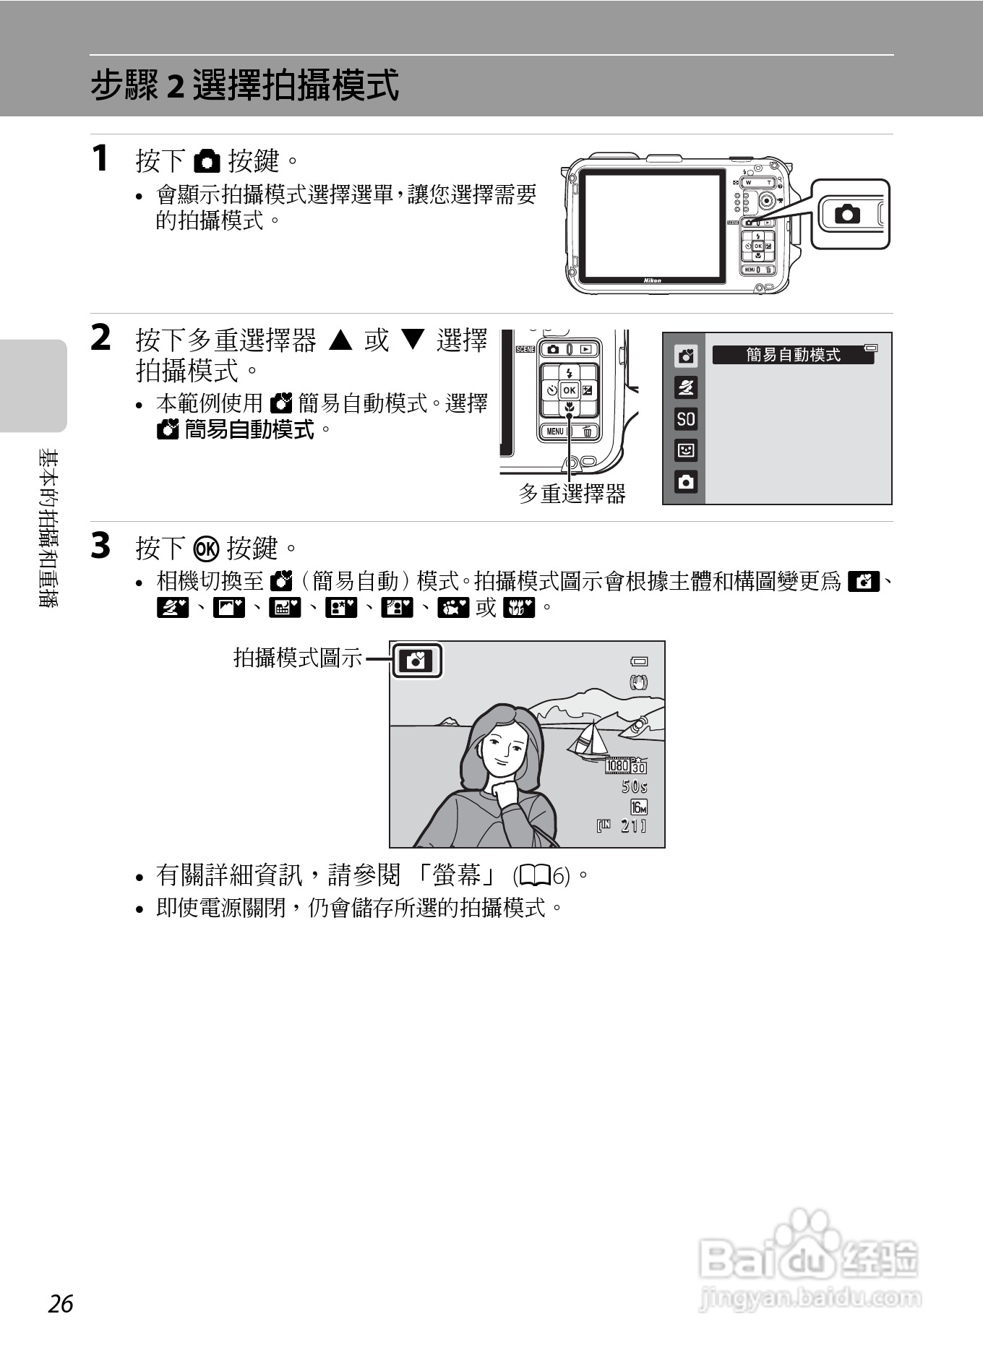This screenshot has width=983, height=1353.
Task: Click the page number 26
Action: (x=61, y=1304)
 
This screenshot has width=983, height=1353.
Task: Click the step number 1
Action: (x=100, y=158)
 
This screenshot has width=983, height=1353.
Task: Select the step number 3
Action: (x=100, y=546)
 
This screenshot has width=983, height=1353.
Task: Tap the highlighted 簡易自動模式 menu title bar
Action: (x=793, y=355)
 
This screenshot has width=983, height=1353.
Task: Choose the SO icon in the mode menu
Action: (x=686, y=418)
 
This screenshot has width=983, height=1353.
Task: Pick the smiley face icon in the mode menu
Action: (x=686, y=450)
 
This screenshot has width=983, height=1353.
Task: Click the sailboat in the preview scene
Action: (x=589, y=740)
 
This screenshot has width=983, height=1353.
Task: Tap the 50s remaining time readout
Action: (x=634, y=786)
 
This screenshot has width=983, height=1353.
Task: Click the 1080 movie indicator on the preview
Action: (x=618, y=765)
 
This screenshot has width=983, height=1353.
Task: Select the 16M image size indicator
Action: (x=638, y=807)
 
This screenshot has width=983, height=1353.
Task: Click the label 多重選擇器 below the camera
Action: (x=572, y=494)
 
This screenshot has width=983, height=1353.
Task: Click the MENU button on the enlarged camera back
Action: (x=555, y=431)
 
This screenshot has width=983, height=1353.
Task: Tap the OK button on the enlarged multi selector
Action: (x=570, y=390)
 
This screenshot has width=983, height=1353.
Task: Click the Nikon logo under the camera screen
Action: (x=652, y=280)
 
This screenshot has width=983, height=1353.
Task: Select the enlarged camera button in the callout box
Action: (x=848, y=214)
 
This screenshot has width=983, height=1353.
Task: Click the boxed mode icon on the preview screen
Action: (x=416, y=661)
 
